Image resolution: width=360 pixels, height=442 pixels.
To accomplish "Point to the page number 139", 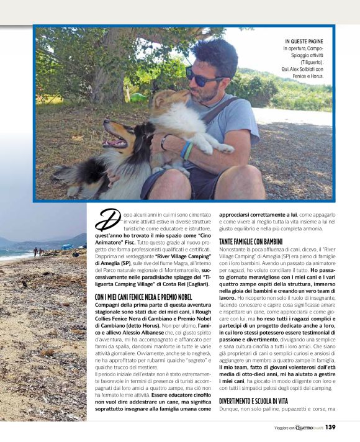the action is (x=330, y=427).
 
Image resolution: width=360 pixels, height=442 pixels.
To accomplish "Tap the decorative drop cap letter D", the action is (x=106, y=219).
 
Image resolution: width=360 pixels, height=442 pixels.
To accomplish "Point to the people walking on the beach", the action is (x=37, y=251).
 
